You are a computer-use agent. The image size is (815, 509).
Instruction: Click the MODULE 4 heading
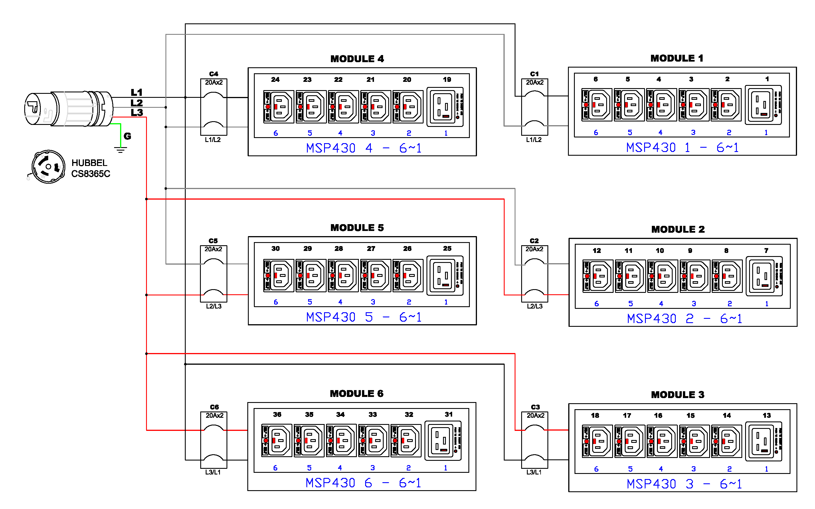tap(357, 59)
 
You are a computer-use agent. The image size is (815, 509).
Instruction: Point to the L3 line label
tap(137, 113)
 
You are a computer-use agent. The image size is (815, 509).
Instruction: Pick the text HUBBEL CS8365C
tap(90, 168)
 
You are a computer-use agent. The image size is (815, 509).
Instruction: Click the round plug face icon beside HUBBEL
tap(48, 167)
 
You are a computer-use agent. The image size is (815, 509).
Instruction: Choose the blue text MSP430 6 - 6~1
tap(363, 483)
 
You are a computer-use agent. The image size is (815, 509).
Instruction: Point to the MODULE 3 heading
tap(678, 395)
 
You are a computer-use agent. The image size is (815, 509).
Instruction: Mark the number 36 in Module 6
tap(277, 414)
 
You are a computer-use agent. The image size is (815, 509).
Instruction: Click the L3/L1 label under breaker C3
tap(534, 472)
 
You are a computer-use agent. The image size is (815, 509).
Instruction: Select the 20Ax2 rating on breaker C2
tap(535, 249)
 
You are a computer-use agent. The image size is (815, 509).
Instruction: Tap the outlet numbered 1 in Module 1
tap(763, 105)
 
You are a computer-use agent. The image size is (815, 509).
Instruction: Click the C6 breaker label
tap(214, 407)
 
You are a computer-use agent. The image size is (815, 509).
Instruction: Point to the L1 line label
tap(137, 92)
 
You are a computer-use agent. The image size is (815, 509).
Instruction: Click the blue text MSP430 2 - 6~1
tap(684, 319)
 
